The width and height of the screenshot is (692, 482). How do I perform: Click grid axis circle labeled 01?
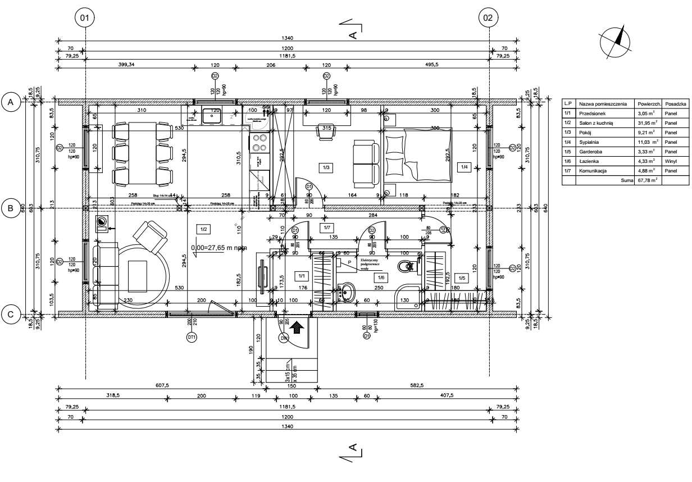[85, 18]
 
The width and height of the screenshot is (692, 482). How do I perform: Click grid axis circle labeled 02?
[488, 18]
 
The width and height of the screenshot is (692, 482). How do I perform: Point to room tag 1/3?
[325, 167]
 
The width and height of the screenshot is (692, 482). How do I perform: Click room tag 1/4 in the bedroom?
[464, 167]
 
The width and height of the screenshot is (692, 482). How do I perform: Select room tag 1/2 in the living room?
[203, 229]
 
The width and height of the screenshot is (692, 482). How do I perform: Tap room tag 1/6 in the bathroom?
[381, 278]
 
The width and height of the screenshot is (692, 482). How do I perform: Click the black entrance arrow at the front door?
[297, 326]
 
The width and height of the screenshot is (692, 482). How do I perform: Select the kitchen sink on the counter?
[212, 116]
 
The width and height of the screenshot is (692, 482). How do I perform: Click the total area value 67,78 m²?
[647, 180]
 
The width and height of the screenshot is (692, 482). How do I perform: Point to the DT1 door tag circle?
[191, 337]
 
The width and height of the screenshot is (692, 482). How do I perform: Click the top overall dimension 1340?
[287, 39]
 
